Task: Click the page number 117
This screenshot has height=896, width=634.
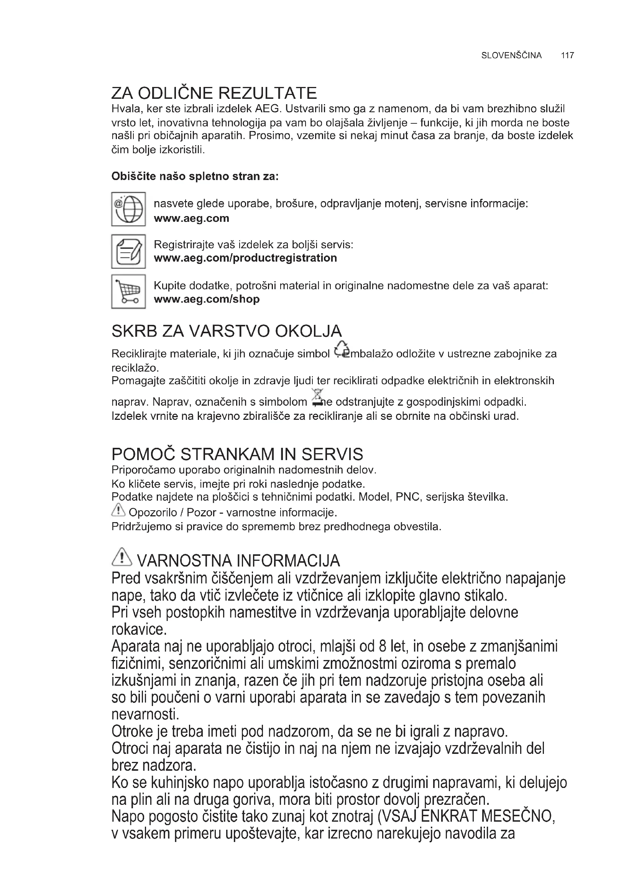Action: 567,56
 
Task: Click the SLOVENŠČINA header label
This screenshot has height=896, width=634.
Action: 511,56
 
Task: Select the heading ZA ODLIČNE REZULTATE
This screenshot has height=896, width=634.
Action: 214,93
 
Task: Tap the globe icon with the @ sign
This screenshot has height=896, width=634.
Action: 128,209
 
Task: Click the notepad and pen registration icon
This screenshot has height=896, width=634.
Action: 128,251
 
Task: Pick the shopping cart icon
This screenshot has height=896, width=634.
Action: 128,292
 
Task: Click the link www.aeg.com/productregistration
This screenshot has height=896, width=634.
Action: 245,258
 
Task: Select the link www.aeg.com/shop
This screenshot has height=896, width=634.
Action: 207,299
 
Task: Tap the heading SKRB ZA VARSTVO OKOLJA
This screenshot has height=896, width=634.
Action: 227,331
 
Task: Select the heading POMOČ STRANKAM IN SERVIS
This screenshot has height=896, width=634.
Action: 237,454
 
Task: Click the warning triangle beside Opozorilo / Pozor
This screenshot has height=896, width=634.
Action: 118,509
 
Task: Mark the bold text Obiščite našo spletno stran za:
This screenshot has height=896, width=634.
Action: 195,176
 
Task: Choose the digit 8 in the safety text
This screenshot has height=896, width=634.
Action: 383,647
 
